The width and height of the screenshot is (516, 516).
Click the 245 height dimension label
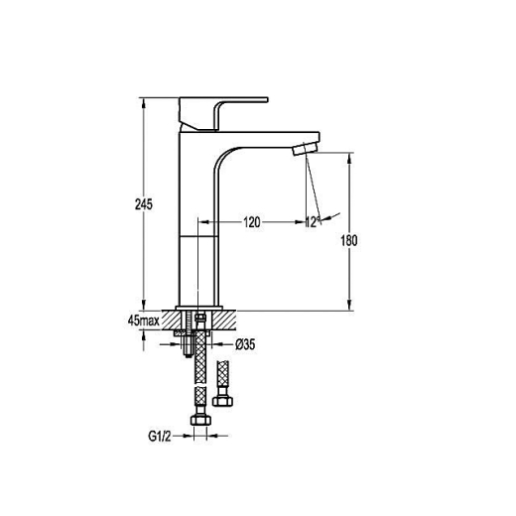coord(144,204)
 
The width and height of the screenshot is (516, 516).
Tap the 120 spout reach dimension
coord(252,222)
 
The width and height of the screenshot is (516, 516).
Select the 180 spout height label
coord(349,240)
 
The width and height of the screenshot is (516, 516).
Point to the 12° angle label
coord(313,222)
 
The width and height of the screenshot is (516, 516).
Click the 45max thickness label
coord(144,321)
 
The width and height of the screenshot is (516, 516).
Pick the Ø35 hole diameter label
coord(245,344)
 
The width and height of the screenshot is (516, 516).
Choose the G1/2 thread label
coord(160,437)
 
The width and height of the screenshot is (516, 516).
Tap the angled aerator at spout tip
coord(305,148)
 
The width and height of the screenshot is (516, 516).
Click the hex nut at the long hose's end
coord(200,420)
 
